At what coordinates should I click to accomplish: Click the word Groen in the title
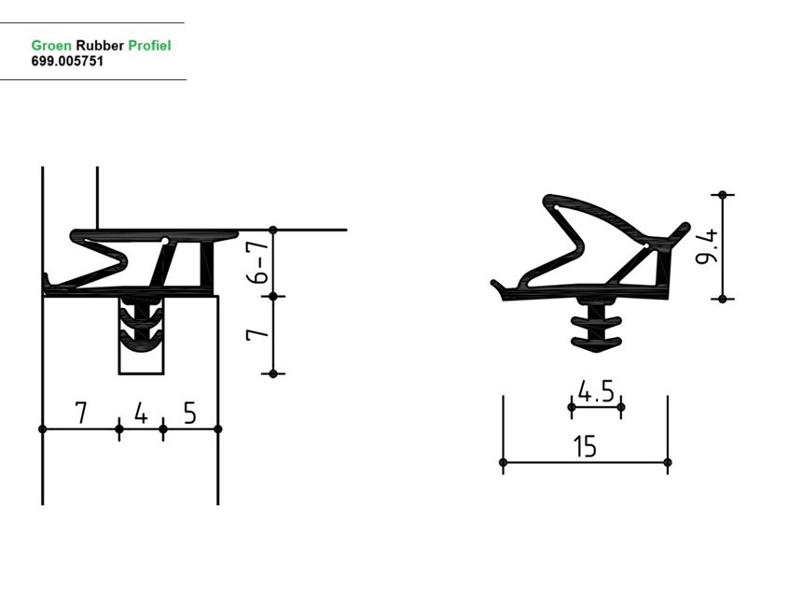pyautogui.click(x=51, y=46)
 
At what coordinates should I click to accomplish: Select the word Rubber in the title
pyautogui.click(x=100, y=46)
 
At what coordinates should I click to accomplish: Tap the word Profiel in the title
pyautogui.click(x=149, y=46)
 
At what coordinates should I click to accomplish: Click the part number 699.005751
pyautogui.click(x=67, y=61)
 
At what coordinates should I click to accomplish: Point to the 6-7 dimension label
pyautogui.click(x=257, y=262)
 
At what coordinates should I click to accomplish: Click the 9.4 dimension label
pyautogui.click(x=707, y=247)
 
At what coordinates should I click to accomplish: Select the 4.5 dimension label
pyautogui.click(x=596, y=392)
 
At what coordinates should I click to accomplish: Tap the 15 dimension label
pyautogui.click(x=585, y=446)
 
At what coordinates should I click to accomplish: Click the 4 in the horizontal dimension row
pyautogui.click(x=141, y=413)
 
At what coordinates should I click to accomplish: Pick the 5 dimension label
pyautogui.click(x=190, y=413)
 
